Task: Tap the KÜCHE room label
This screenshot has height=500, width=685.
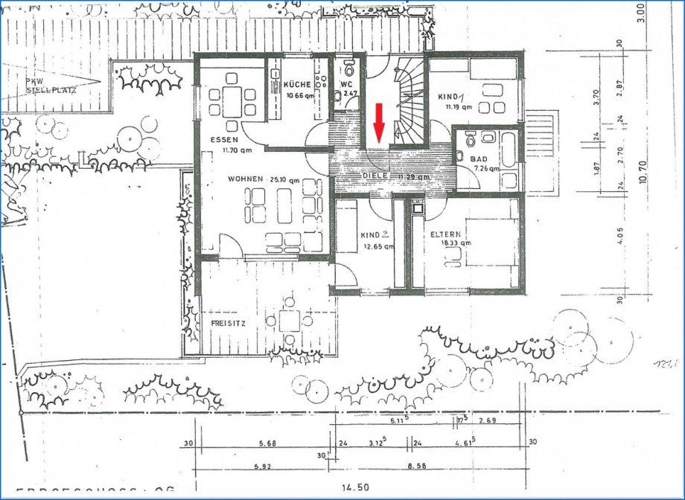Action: [297, 85]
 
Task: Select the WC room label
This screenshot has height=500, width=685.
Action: [346, 85]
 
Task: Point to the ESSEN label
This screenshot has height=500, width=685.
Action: [223, 140]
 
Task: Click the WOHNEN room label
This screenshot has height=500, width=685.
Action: [245, 179]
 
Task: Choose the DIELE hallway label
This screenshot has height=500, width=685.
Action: [376, 176]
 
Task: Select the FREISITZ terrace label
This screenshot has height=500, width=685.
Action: [227, 323]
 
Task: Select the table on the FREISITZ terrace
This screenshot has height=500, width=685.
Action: [290, 321]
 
